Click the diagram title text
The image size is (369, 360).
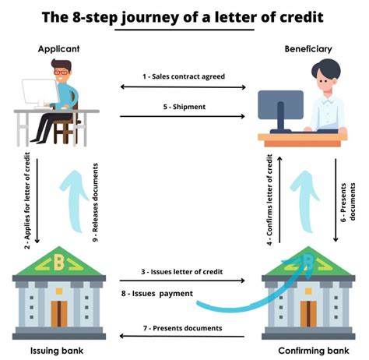[x=184, y=16]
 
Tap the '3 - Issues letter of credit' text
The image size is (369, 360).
[x=182, y=272]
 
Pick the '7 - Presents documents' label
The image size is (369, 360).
[x=182, y=328]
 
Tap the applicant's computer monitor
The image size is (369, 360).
[x=37, y=96]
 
